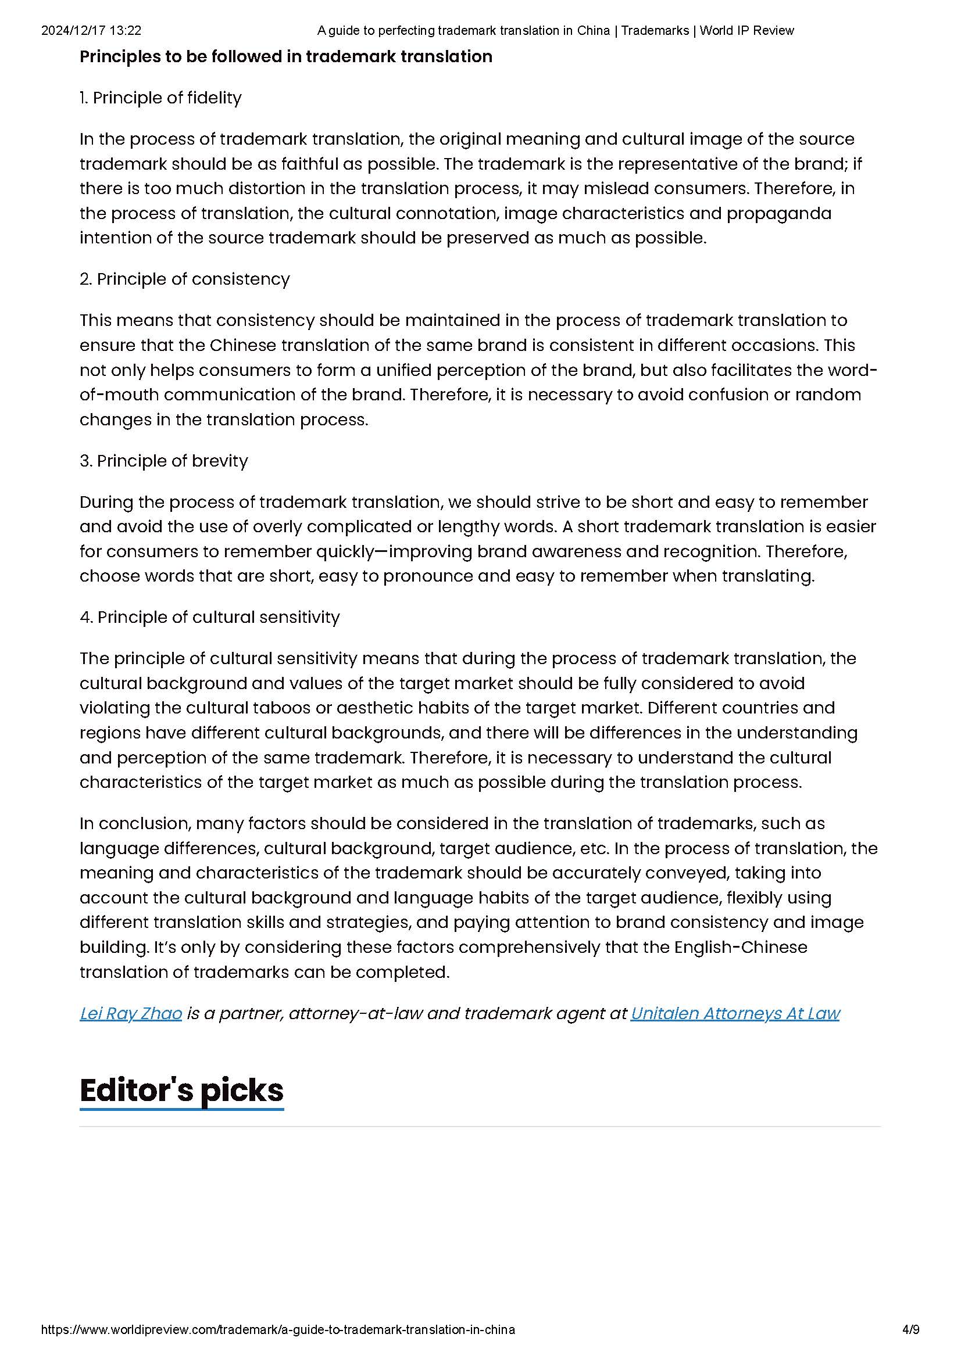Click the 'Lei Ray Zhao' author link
131,1013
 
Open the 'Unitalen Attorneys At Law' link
735,1013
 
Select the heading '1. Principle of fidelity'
160,98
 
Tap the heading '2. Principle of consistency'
185,279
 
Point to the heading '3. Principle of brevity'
163,461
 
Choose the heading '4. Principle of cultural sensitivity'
210,617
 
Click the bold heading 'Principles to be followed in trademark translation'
286,57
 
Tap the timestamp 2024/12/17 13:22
91,30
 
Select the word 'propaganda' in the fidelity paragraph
778,213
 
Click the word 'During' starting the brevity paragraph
105,502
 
